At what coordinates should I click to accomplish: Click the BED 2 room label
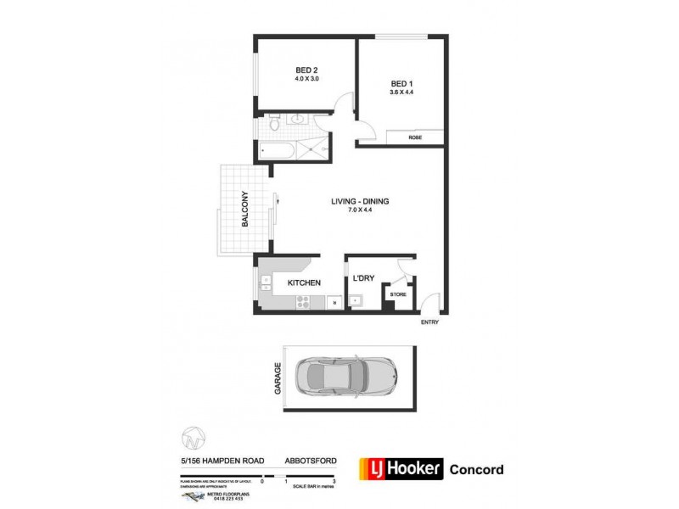click(x=306, y=70)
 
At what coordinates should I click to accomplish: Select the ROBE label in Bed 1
click(x=415, y=137)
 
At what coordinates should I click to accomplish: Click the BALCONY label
click(x=244, y=209)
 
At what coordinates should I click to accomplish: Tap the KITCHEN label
click(x=303, y=282)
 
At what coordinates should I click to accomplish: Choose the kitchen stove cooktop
click(x=303, y=301)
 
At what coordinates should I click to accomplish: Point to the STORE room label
click(x=398, y=294)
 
